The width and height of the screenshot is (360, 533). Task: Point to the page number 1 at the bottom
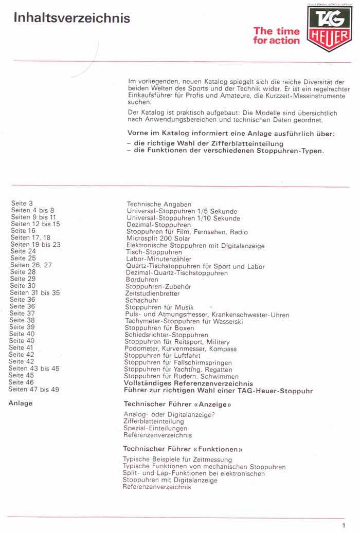click(343, 525)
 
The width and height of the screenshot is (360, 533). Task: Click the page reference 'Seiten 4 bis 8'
click(32, 210)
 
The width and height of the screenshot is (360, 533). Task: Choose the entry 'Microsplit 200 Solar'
click(158, 238)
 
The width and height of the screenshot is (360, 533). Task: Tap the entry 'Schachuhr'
click(142, 300)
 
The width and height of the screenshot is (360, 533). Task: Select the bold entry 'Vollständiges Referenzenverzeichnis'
click(188, 383)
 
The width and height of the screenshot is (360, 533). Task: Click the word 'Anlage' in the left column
click(21, 403)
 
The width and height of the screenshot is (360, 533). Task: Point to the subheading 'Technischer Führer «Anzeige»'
click(177, 405)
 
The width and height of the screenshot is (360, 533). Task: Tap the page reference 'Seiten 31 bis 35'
click(34, 292)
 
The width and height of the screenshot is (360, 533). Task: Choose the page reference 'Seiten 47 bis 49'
click(34, 390)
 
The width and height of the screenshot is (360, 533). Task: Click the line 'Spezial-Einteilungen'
click(155, 428)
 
